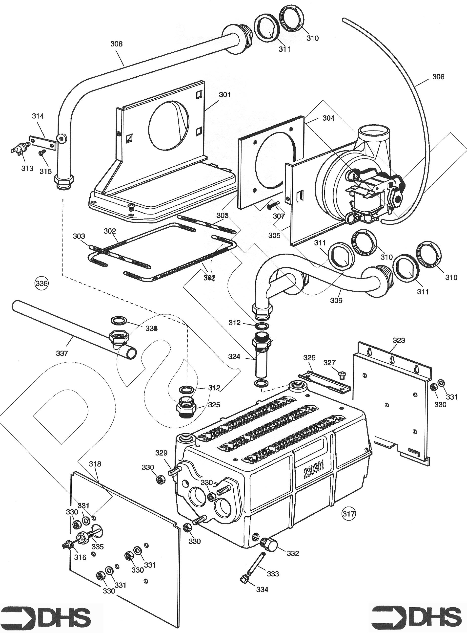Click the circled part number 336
click(x=41, y=283)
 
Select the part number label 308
click(x=117, y=44)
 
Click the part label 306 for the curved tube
click(x=438, y=77)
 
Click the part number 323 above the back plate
click(x=399, y=340)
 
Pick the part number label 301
click(x=225, y=94)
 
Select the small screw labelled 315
click(x=41, y=153)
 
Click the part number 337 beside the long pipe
click(x=62, y=353)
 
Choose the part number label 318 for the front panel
click(x=95, y=464)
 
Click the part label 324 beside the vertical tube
click(x=234, y=357)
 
